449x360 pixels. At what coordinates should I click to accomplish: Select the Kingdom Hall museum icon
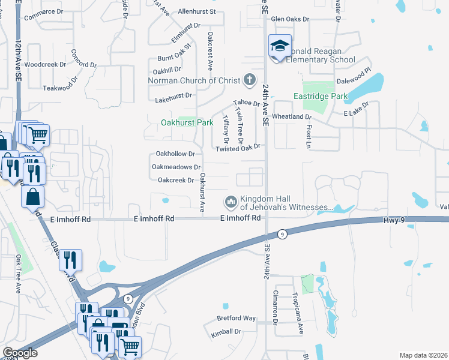[x=231, y=200]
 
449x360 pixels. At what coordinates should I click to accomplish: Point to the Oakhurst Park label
[x=187, y=122]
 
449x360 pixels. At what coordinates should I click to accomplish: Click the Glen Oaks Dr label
[x=290, y=19]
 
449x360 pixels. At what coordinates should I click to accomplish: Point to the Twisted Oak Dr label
[x=238, y=148]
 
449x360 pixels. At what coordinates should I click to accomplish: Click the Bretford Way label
[x=237, y=318]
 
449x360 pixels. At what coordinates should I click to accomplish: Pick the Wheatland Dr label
[x=292, y=116]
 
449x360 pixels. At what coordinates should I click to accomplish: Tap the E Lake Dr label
[x=356, y=113]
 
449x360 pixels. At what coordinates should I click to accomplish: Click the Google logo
[x=20, y=353]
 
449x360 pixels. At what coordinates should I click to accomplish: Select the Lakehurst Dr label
[x=173, y=95]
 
